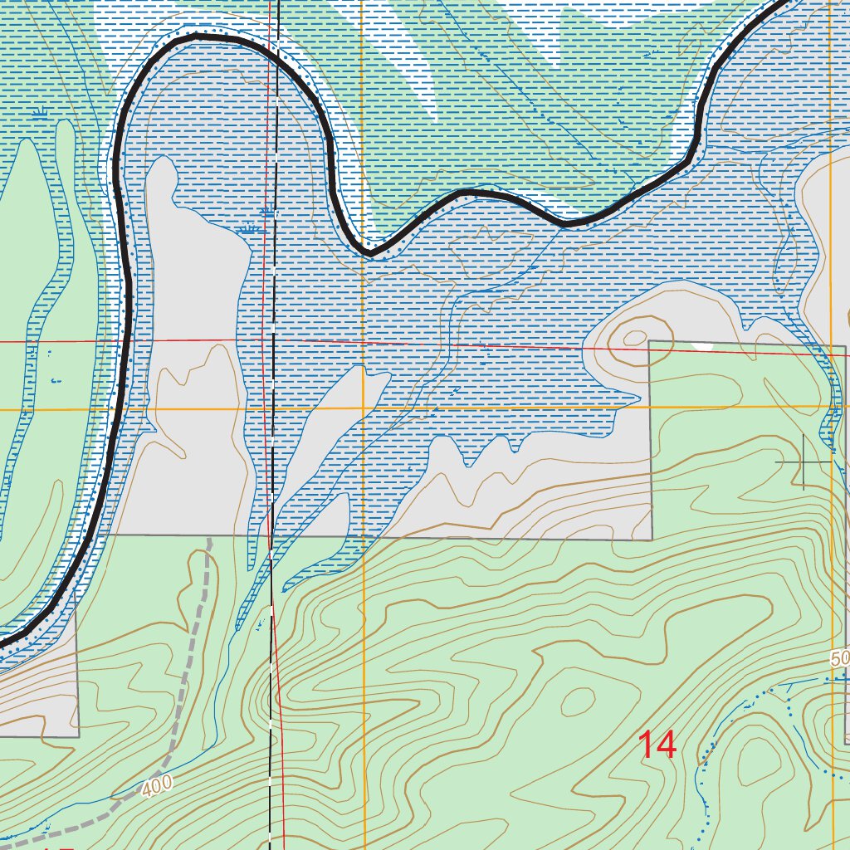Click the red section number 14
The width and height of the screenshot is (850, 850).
[657, 745]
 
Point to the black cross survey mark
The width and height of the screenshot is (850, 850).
[804, 460]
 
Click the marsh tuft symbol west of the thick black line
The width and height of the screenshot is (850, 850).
[40, 113]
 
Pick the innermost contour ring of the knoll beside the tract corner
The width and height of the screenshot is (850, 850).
[635, 338]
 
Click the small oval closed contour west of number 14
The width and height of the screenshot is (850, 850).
[577, 702]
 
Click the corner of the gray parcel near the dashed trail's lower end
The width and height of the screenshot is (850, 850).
[78, 735]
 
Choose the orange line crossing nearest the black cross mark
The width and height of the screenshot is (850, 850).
[830, 407]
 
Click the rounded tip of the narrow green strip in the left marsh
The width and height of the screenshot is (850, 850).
[25, 144]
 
